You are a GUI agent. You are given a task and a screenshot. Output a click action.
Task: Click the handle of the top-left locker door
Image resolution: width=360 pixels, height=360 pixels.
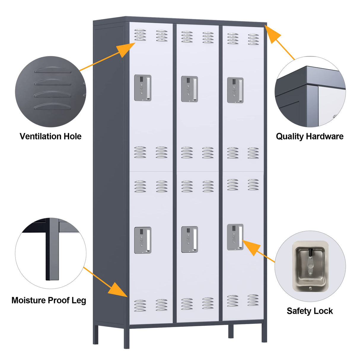(143, 88)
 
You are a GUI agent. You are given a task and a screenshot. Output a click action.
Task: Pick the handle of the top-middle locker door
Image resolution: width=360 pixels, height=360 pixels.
(189, 89)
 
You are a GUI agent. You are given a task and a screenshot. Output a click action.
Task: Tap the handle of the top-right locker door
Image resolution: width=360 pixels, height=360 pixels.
(235, 90)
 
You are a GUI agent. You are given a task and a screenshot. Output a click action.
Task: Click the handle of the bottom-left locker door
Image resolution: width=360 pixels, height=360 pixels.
(143, 240)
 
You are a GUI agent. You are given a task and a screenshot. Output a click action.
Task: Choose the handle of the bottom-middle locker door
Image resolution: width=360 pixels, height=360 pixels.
(189, 240)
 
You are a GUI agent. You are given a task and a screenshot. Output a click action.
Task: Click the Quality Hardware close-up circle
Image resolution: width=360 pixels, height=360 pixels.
(310, 92)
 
